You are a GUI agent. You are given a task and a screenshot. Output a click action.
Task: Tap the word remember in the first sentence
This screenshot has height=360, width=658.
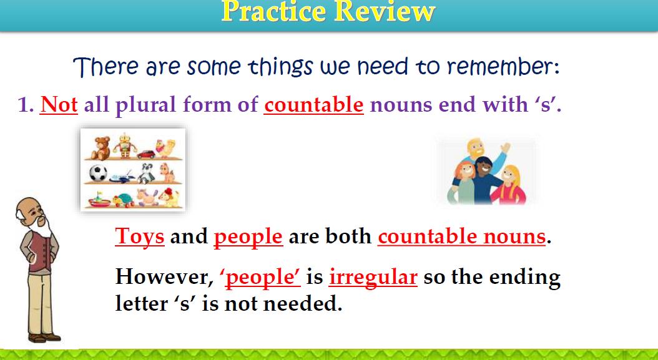503,67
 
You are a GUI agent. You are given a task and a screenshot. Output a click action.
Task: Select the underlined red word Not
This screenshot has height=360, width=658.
59,104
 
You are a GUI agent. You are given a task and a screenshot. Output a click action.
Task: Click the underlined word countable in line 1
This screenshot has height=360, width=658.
314,104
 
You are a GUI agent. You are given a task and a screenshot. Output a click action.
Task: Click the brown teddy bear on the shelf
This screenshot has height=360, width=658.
101,147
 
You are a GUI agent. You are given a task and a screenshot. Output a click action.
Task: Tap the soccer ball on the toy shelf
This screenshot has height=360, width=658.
98,173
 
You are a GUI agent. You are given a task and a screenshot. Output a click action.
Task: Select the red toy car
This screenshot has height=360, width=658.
146,154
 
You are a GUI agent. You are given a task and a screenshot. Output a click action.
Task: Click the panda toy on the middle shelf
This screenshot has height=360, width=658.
145,173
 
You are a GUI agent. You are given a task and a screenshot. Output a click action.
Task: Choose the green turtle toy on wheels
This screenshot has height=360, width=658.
124,200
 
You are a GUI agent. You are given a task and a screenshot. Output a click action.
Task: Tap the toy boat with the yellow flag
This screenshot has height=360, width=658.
99,200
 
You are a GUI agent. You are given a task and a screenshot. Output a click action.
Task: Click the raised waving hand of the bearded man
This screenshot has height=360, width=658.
505,148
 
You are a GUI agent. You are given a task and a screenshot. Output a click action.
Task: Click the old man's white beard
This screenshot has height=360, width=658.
41,226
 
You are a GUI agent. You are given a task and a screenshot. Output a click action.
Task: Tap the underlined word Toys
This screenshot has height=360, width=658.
140,236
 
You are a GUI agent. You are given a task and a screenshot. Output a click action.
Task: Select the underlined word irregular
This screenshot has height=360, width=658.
373,277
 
